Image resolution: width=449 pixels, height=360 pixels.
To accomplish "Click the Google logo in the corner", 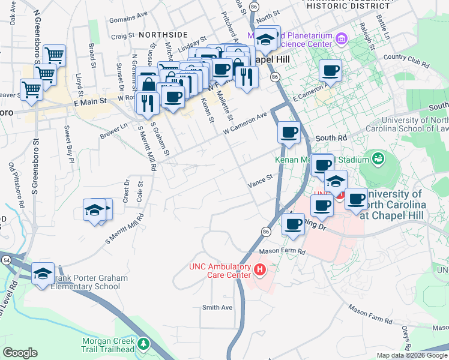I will tap(20, 353).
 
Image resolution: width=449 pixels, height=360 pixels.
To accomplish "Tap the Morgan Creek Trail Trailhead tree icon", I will tap(143, 344).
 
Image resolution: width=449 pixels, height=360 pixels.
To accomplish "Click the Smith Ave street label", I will tap(217, 308).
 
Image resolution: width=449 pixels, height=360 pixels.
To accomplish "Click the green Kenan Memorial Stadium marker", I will tap(378, 159).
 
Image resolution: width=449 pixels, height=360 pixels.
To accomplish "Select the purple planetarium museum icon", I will tap(342, 40).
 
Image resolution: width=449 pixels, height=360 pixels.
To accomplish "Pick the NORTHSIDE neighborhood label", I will tap(163, 35).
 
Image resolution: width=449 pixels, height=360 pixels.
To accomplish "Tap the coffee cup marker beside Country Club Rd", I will tap(330, 71).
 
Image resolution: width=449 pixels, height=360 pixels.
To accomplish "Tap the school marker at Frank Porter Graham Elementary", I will tap(43, 273).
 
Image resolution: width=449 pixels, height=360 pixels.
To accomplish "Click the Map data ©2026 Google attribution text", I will tap(412, 355).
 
